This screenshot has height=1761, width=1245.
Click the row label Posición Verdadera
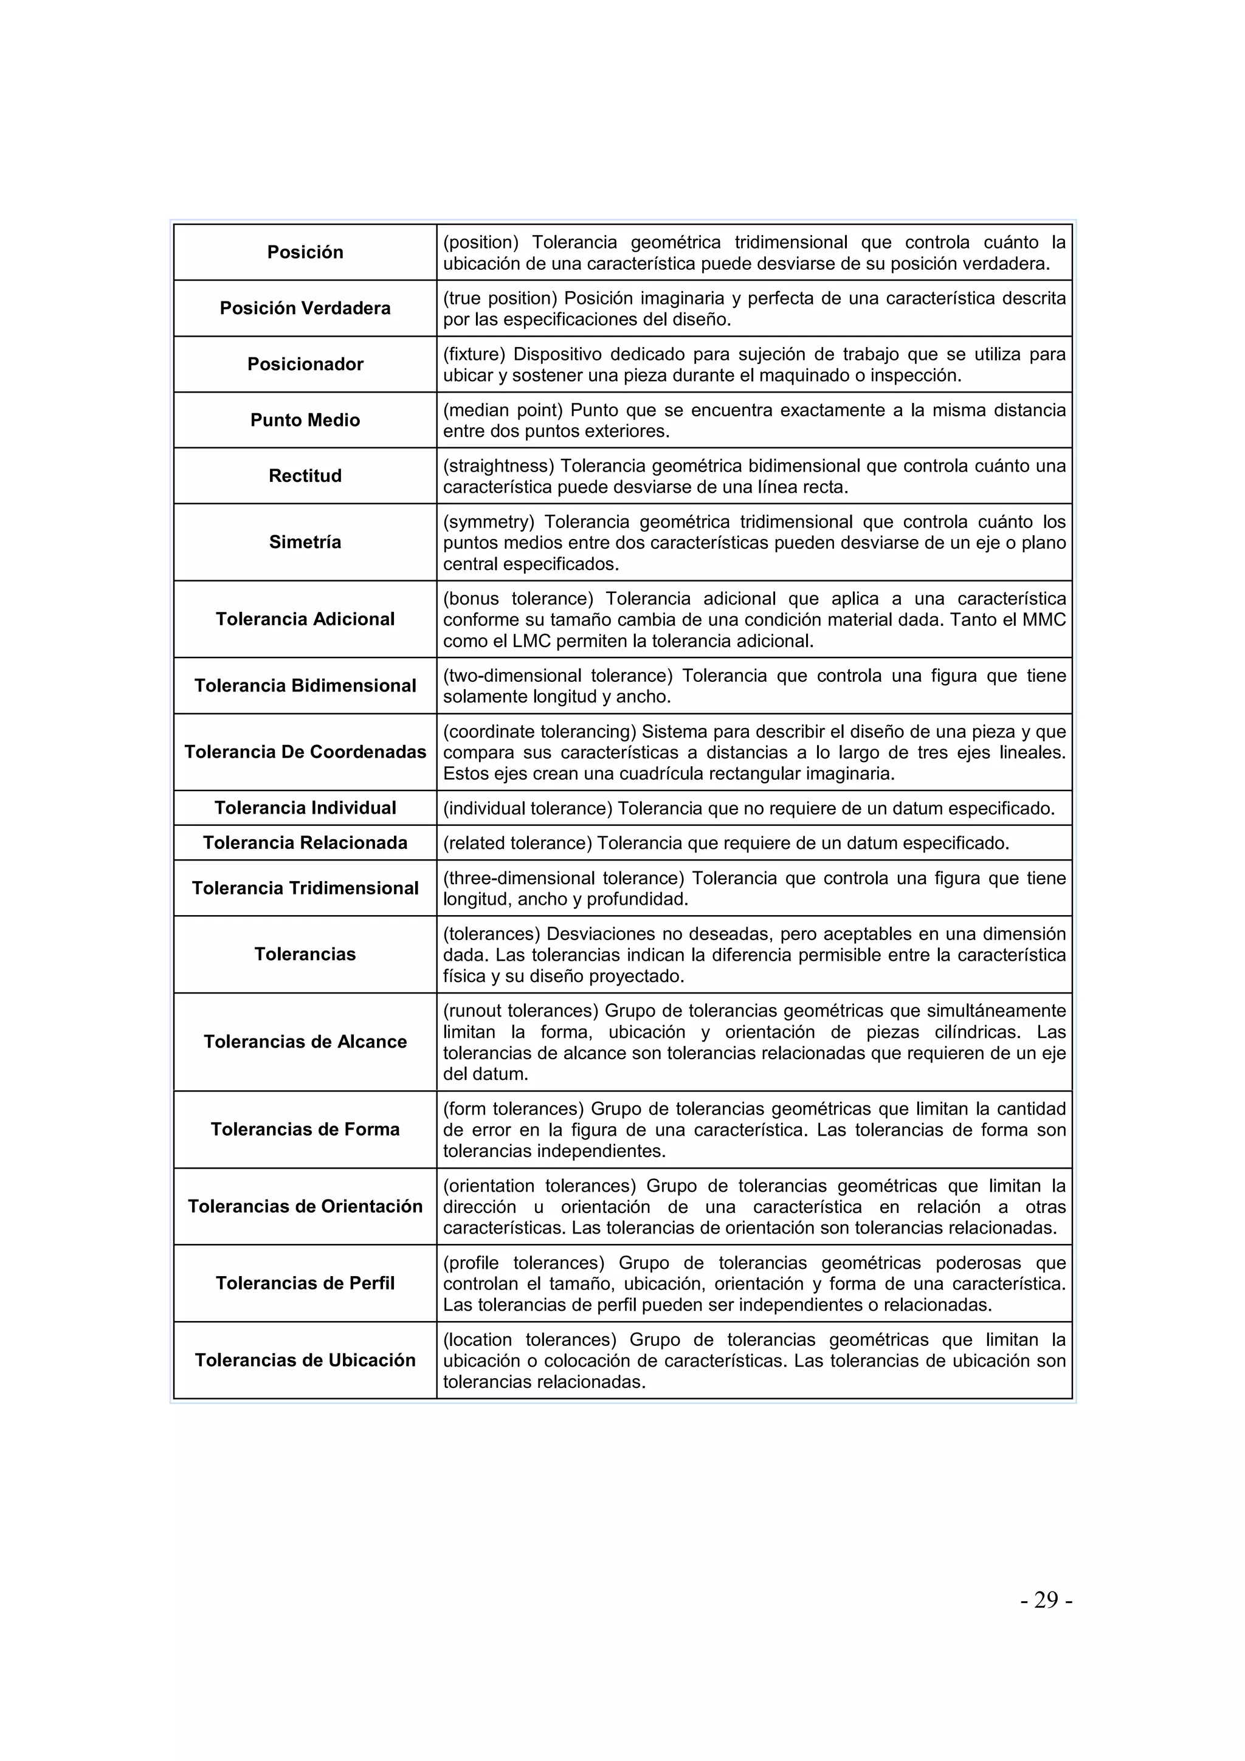pyautogui.click(x=305, y=308)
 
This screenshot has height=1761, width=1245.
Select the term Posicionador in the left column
pyautogui.click(x=305, y=365)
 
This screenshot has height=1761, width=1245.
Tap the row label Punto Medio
pyautogui.click(x=305, y=421)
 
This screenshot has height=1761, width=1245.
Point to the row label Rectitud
pyautogui.click(x=305, y=476)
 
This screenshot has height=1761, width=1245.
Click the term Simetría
pyautogui.click(x=305, y=542)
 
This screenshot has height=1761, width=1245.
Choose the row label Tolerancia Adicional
pyautogui.click(x=305, y=619)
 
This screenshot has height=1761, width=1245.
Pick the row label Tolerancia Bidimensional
pyautogui.click(x=305, y=685)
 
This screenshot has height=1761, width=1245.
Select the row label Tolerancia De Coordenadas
pyautogui.click(x=305, y=752)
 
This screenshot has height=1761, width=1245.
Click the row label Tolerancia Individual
pyautogui.click(x=305, y=808)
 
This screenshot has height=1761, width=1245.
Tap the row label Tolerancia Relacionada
pyautogui.click(x=305, y=843)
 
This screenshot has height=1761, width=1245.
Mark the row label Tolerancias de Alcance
pyautogui.click(x=305, y=1042)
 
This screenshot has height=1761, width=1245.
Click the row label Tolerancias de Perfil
pyautogui.click(x=305, y=1283)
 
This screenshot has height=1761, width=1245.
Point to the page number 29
pyautogui.click(x=1046, y=1600)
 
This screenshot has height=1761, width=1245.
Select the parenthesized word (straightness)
pyautogui.click(x=498, y=466)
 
